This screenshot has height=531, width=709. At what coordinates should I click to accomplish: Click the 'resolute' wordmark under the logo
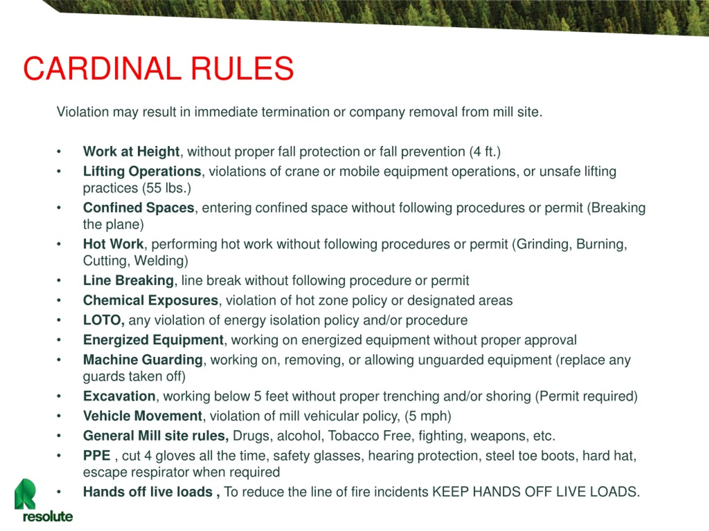(x=48, y=517)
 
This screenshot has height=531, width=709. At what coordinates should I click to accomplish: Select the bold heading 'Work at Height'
(x=131, y=151)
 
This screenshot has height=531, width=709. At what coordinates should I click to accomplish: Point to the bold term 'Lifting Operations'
(x=142, y=171)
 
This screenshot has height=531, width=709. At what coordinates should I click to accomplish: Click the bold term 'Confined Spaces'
(x=138, y=208)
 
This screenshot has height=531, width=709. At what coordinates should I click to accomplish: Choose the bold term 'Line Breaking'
(x=128, y=280)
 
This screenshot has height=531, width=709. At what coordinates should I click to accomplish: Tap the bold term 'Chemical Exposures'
(x=151, y=300)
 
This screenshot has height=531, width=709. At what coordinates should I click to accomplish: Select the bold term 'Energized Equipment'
(x=153, y=340)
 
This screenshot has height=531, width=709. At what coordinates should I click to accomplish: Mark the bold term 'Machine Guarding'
(x=143, y=360)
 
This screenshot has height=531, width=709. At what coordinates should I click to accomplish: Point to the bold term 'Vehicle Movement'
(x=143, y=416)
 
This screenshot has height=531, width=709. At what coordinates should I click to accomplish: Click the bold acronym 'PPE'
(x=97, y=455)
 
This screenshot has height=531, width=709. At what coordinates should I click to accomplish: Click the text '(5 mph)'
(x=428, y=416)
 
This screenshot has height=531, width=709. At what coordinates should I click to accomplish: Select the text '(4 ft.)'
(x=485, y=151)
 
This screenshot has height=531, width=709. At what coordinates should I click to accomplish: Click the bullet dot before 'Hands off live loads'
(x=59, y=492)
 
